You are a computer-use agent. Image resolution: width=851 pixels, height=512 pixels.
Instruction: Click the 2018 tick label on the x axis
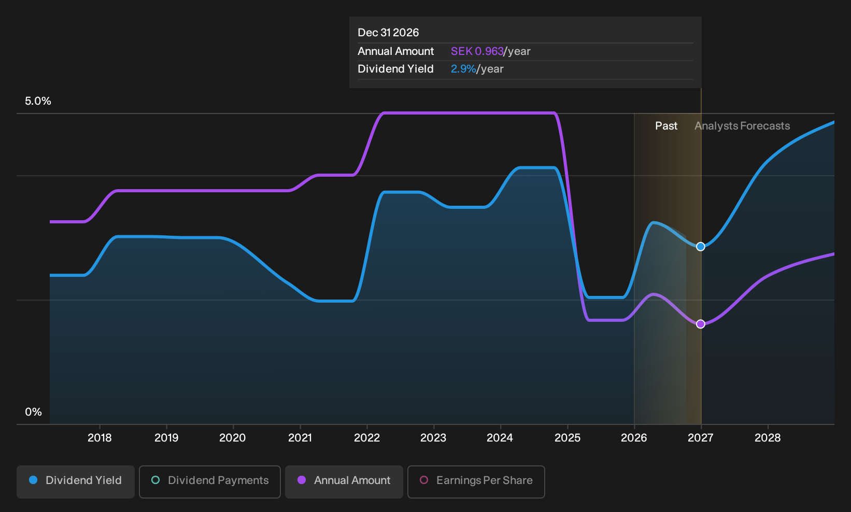(100, 438)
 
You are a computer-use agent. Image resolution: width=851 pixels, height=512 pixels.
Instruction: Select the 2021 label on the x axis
(300, 438)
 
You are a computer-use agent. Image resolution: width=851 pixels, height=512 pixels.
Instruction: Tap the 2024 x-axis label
(500, 438)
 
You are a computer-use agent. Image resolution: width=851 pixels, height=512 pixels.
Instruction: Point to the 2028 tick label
(768, 438)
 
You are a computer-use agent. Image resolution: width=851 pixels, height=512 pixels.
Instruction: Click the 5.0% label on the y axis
(38, 101)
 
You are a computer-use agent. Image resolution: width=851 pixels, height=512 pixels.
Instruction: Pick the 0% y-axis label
(34, 412)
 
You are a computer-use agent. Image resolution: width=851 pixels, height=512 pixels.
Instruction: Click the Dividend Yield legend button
(76, 481)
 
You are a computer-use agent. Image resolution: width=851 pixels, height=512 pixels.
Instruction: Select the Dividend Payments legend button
(210, 481)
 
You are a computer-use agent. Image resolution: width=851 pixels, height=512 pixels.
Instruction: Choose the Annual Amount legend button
(344, 481)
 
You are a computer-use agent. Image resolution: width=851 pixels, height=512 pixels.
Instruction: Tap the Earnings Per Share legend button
(476, 481)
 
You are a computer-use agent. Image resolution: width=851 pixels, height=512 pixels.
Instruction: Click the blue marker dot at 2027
(701, 247)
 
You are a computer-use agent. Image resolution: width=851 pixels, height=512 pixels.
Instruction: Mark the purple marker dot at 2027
(701, 324)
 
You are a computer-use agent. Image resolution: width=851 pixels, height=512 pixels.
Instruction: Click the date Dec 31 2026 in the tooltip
(388, 33)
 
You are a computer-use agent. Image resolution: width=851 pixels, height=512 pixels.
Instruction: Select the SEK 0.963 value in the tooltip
(477, 51)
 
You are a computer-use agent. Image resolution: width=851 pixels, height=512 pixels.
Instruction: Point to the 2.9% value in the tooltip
(463, 69)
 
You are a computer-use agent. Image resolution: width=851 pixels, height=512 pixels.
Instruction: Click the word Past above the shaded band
(666, 126)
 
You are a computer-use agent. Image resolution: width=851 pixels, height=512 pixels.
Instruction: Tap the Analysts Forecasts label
(742, 126)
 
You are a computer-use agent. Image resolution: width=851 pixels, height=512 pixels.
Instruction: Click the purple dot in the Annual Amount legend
(302, 480)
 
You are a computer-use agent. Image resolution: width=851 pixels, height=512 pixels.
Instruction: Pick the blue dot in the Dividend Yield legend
(34, 480)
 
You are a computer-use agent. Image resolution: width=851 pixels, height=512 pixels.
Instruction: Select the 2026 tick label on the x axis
(634, 438)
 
